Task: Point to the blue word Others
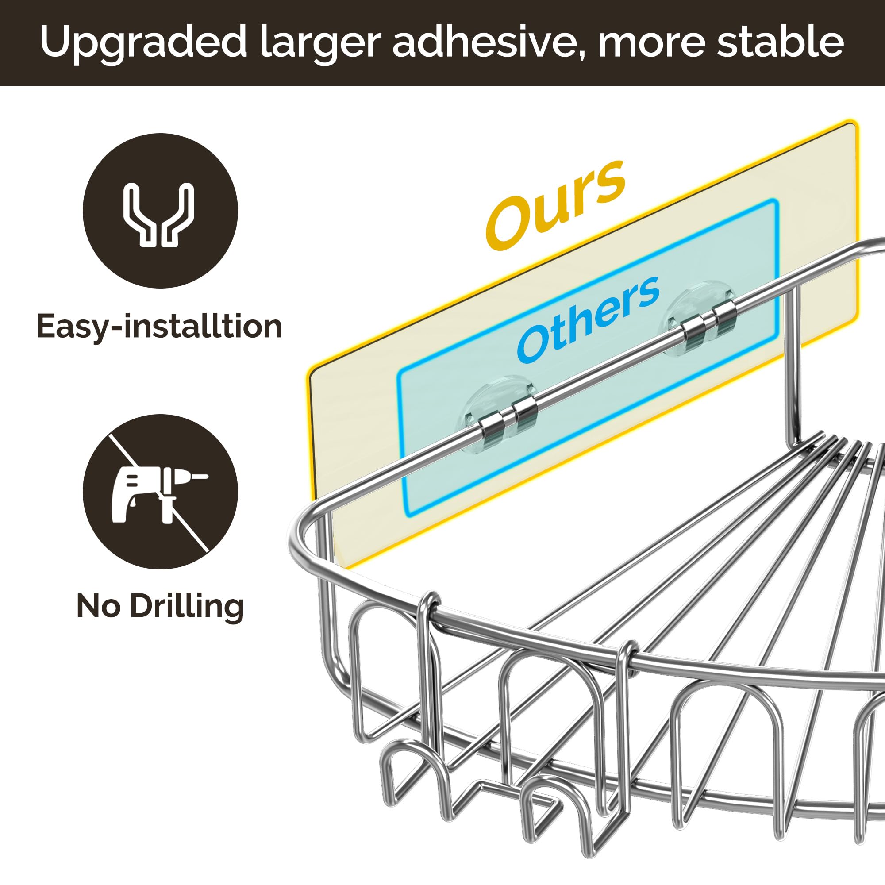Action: click(x=588, y=318)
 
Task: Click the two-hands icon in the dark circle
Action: click(x=160, y=215)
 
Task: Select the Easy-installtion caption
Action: click(x=159, y=326)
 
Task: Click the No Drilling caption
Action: click(x=160, y=606)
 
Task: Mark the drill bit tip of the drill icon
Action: click(x=207, y=477)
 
